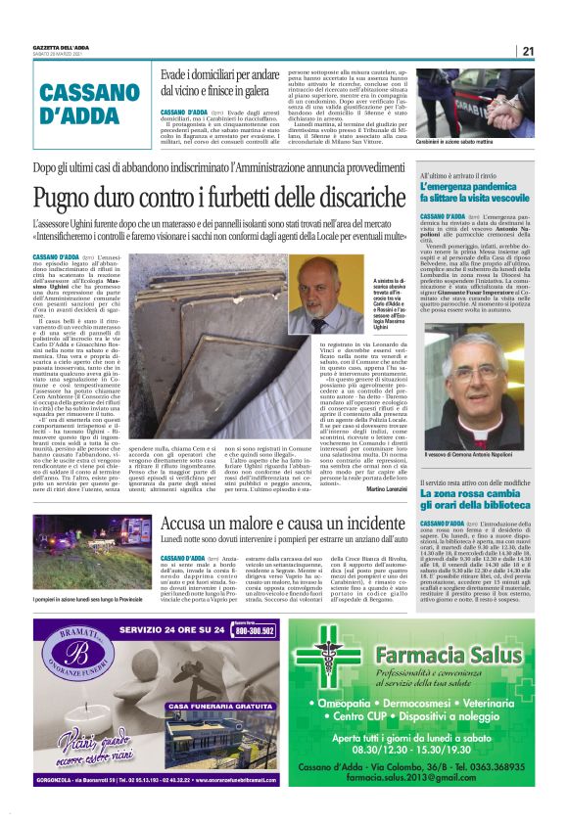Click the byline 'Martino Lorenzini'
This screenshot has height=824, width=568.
388,488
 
